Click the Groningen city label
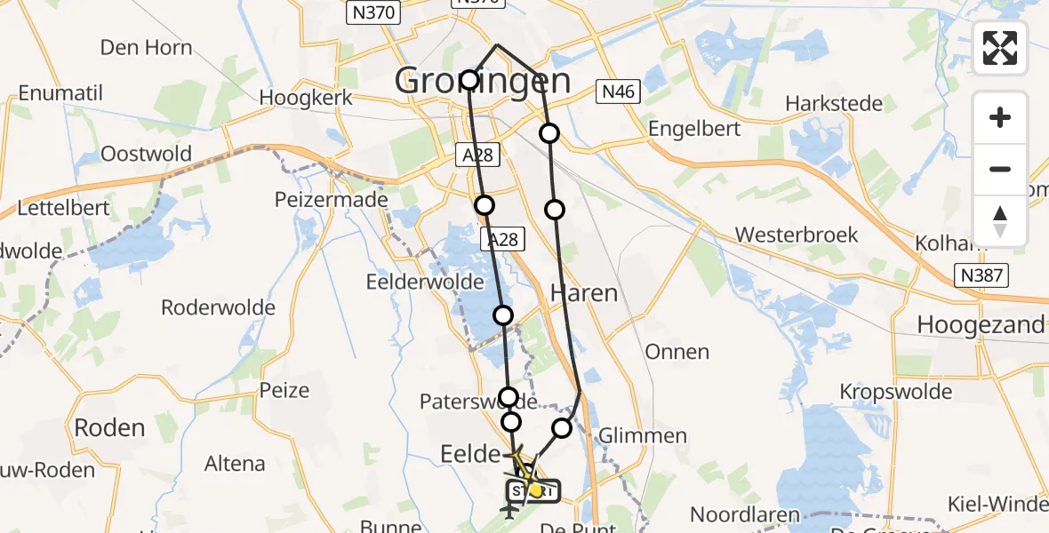click(x=483, y=82)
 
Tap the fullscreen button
click(x=1000, y=48)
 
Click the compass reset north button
click(x=1000, y=220)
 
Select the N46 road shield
click(x=618, y=91)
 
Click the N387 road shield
click(x=982, y=275)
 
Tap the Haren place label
click(x=583, y=292)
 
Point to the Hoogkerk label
click(x=306, y=98)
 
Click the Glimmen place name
click(x=643, y=435)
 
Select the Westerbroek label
click(x=797, y=235)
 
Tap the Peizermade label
click(x=332, y=199)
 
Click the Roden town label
click(x=109, y=427)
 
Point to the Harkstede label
click(x=834, y=103)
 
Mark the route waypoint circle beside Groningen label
click(x=469, y=80)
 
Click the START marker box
click(x=533, y=490)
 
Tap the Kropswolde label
click(x=896, y=392)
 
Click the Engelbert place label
click(x=694, y=128)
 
